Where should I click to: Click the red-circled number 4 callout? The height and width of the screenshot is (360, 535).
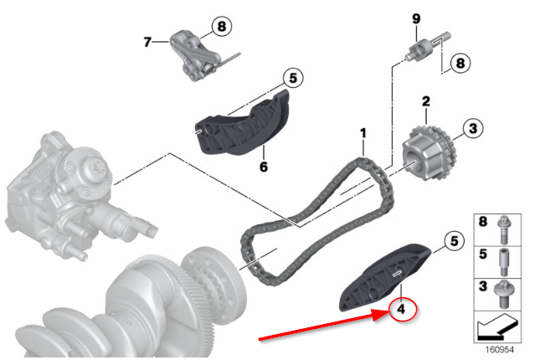pyautogui.click(x=403, y=310)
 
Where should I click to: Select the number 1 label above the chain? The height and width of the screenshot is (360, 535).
pyautogui.click(x=363, y=133)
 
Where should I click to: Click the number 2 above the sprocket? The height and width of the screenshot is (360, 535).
pyautogui.click(x=426, y=101)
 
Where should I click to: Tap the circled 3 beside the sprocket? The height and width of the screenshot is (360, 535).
pyautogui.click(x=473, y=128)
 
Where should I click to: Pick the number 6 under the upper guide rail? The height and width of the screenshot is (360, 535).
pyautogui.click(x=264, y=167)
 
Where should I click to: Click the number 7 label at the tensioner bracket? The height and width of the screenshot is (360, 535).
pyautogui.click(x=147, y=42)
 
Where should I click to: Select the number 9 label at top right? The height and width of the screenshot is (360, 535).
pyautogui.click(x=416, y=18)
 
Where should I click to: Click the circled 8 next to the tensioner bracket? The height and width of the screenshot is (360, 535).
pyautogui.click(x=222, y=26)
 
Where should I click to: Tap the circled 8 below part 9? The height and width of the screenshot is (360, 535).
pyautogui.click(x=460, y=63)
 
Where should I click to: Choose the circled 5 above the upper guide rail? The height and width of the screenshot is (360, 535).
pyautogui.click(x=293, y=78)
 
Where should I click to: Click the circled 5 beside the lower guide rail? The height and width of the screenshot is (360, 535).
pyautogui.click(x=454, y=241)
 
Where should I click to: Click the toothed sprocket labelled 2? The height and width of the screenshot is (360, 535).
pyautogui.click(x=429, y=153)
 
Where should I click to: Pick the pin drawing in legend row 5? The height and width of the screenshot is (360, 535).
pyautogui.click(x=504, y=262)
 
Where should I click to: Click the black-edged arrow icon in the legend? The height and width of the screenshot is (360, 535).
pyautogui.click(x=497, y=327)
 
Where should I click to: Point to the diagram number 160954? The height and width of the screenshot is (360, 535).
pyautogui.click(x=499, y=350)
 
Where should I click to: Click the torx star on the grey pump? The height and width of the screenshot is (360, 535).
pyautogui.click(x=96, y=168)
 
